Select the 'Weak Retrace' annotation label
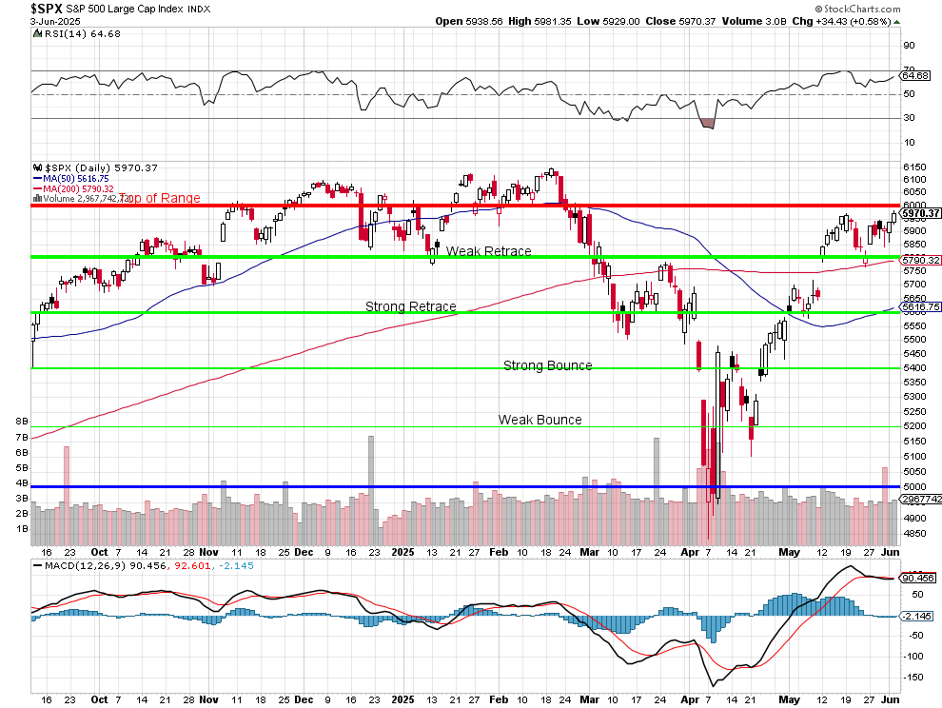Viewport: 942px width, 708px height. [488, 251]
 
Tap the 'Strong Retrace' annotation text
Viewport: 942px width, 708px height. [411, 306]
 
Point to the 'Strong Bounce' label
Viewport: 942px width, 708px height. [547, 365]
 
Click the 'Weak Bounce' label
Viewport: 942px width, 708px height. [540, 420]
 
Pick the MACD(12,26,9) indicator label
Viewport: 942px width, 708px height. [95, 566]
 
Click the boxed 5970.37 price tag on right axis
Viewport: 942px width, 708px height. [920, 213]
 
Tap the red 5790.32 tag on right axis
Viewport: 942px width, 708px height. [920, 260]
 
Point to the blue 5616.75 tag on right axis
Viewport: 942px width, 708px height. [920, 307]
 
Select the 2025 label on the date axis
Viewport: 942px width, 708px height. [403, 551]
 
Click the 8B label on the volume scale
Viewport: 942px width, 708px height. [20, 421]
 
